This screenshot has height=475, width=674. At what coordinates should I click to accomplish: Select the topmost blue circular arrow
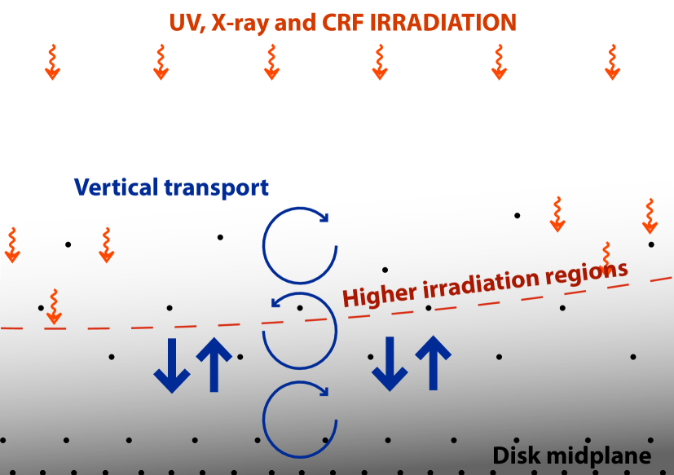point(299,244)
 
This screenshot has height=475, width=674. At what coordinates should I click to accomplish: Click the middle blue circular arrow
point(300,330)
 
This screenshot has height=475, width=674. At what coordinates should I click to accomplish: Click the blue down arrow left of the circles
point(172,365)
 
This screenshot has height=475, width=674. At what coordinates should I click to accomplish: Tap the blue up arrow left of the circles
point(214,364)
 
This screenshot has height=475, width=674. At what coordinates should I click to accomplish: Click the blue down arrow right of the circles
point(390,365)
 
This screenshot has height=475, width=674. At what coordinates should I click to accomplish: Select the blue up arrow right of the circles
point(433,364)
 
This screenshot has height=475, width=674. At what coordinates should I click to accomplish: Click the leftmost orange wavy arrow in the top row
point(52,63)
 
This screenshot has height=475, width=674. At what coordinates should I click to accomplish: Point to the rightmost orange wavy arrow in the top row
point(612,63)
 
